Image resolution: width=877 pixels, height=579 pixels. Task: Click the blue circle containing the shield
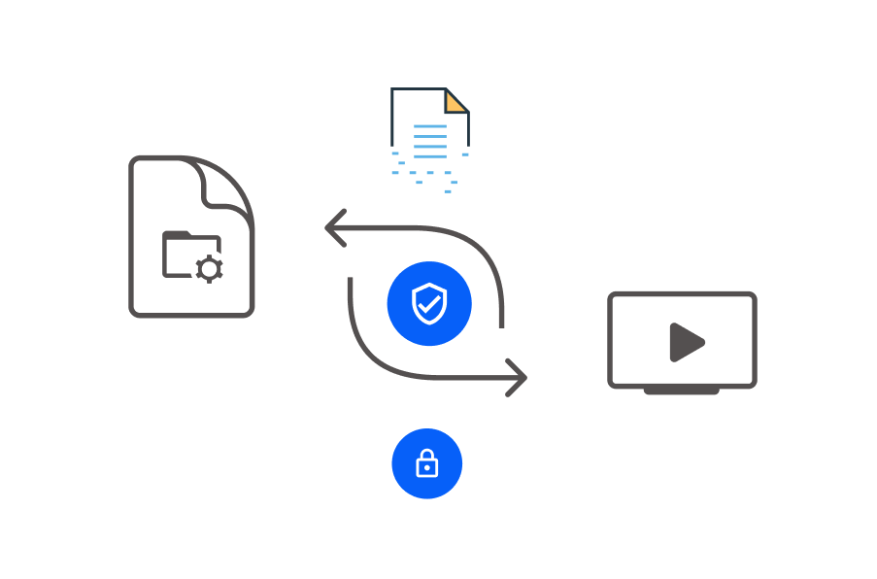point(429,304)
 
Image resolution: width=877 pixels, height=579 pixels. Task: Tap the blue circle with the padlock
point(427,463)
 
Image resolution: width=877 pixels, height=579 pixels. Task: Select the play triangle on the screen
point(686,342)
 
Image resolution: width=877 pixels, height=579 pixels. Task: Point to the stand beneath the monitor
point(682,391)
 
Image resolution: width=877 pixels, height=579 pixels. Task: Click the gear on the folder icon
point(209,268)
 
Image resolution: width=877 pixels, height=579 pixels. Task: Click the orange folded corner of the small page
point(455,100)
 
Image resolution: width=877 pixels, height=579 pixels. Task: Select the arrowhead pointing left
point(335,229)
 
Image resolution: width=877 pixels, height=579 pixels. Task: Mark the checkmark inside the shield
point(427,305)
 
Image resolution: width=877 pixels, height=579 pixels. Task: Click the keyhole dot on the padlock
point(427,468)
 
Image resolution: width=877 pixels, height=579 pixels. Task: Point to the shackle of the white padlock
point(427,456)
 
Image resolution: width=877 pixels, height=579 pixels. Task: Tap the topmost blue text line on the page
point(430,126)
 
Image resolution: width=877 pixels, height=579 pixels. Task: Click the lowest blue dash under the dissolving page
point(448,191)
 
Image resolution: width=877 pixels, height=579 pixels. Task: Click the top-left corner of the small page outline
point(392,89)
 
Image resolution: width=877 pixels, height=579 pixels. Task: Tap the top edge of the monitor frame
point(682,294)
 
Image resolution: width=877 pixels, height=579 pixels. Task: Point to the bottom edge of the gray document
point(191,314)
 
